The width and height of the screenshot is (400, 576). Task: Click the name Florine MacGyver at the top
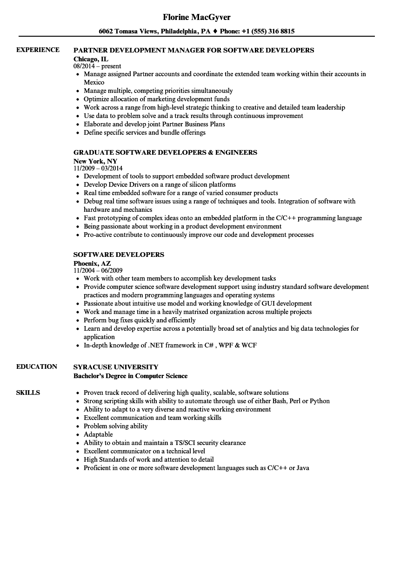click(x=197, y=17)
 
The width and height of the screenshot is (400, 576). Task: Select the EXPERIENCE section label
click(x=38, y=50)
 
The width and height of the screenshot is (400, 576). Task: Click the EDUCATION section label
click(x=37, y=367)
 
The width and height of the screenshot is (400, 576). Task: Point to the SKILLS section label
click(x=28, y=393)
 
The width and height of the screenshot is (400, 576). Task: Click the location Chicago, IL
click(x=91, y=59)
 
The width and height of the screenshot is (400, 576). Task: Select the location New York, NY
click(x=95, y=161)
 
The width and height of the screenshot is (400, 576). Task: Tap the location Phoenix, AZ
click(x=92, y=263)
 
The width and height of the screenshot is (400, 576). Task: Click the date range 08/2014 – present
click(x=97, y=66)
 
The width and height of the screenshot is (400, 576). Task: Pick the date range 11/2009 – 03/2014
click(x=98, y=168)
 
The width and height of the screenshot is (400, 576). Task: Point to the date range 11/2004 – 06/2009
click(x=98, y=270)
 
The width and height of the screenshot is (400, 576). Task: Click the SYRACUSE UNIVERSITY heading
click(x=116, y=367)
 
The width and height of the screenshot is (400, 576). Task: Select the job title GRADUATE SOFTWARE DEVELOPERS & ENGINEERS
click(x=165, y=152)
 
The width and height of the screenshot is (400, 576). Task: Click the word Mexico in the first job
click(x=94, y=82)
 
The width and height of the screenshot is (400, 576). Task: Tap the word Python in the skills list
click(x=320, y=401)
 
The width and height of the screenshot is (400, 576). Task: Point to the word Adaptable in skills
click(x=98, y=434)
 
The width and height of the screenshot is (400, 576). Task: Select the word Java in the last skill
click(x=302, y=468)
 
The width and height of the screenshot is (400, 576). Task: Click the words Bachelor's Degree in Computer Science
click(x=130, y=376)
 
